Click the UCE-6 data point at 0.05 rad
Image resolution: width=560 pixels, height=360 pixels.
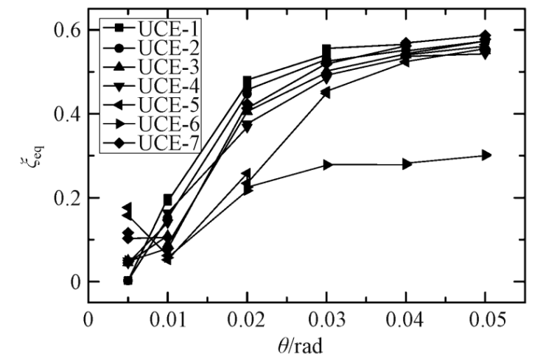click(486, 155)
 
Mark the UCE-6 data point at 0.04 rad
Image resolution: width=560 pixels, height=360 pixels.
click(407, 164)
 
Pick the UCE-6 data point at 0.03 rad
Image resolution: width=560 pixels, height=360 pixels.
click(327, 164)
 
